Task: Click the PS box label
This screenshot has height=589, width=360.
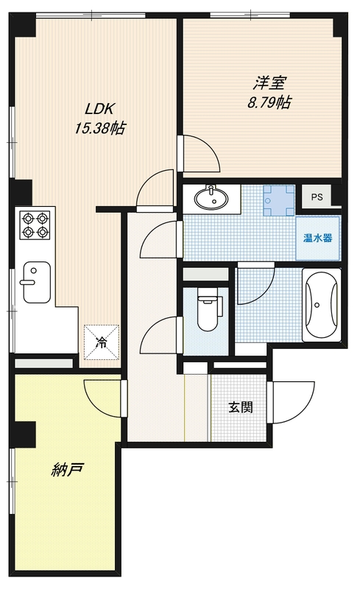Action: point(317,197)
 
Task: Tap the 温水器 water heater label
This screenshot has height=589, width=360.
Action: point(318,238)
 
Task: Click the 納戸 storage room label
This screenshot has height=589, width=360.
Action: point(66,469)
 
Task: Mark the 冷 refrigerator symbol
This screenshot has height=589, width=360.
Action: point(101,342)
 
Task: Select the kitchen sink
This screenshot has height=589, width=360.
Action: point(34,281)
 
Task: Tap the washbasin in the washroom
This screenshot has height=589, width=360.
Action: point(213,197)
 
